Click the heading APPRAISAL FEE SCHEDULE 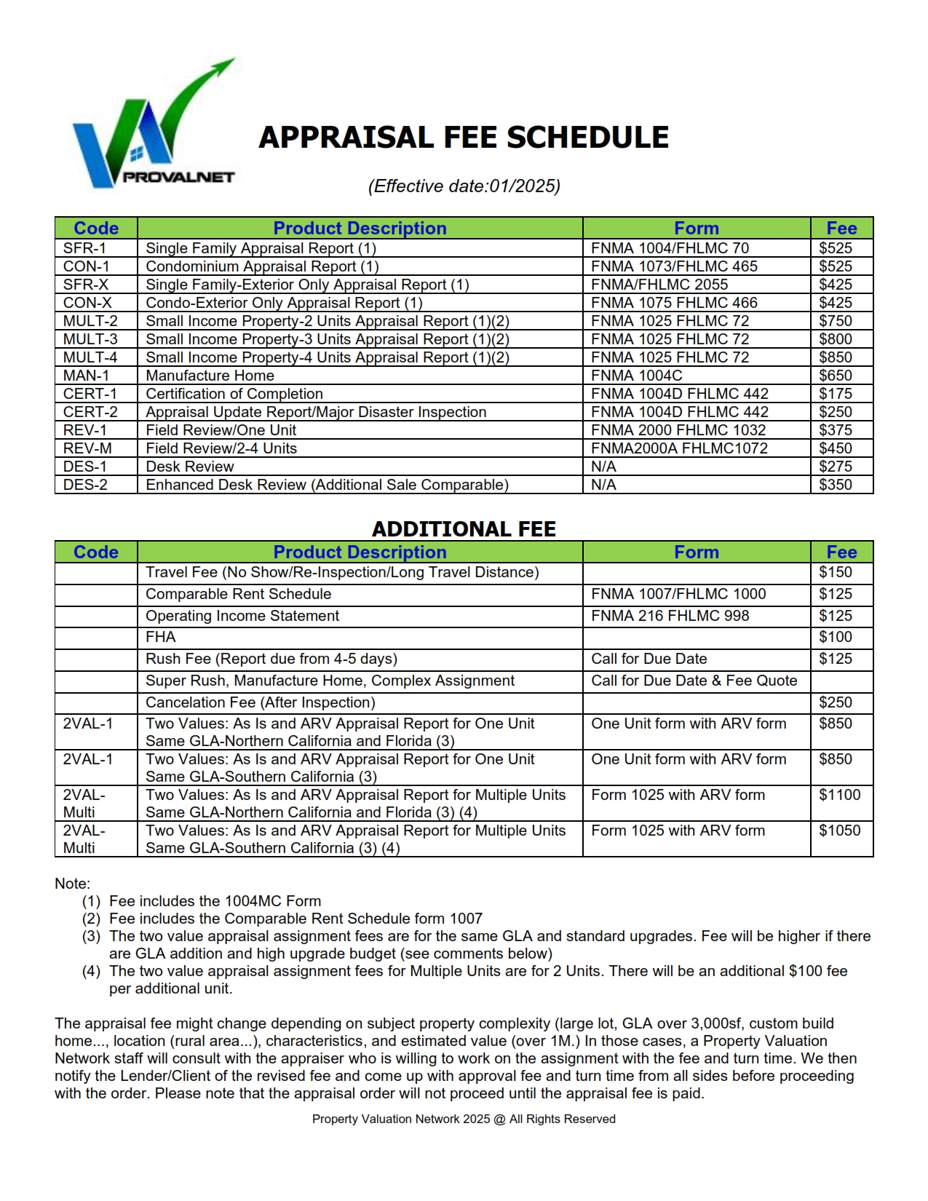[464, 138]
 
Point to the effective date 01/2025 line [464, 186]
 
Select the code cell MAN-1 [86, 376]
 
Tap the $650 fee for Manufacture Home [835, 376]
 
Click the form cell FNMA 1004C [637, 376]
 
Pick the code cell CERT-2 [90, 412]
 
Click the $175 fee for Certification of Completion [835, 394]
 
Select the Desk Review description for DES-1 [190, 467]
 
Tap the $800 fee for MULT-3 [835, 339]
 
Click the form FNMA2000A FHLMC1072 [679, 448]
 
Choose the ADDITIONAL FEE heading [464, 529]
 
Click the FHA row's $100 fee [835, 637]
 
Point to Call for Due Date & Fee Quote [694, 681]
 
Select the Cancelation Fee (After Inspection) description [261, 702]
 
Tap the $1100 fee [839, 795]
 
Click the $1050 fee [839, 831]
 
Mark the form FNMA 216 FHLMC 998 [670, 616]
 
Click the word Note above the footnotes [72, 884]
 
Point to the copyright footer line [464, 1119]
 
